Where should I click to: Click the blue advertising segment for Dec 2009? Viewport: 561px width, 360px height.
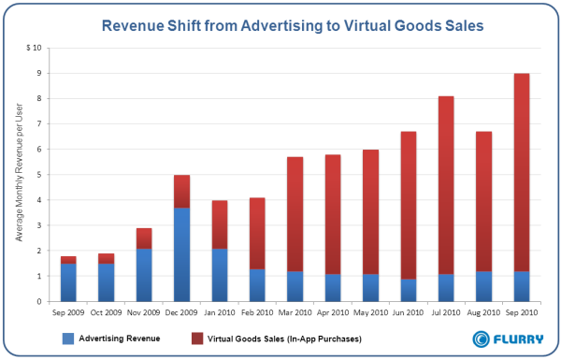coord(181,254)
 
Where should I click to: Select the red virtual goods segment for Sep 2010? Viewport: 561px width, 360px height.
coord(522,172)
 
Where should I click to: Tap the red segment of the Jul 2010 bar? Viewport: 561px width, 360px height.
coord(446,185)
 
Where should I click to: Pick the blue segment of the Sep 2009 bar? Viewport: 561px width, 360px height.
coord(68,282)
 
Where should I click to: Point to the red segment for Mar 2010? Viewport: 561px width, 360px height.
coord(295,214)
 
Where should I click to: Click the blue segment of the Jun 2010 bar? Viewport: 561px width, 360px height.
coord(409,290)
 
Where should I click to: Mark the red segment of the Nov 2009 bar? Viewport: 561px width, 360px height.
coord(144,238)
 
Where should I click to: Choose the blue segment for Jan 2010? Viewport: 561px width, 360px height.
coord(220,275)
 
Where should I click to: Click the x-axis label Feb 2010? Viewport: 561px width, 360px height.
coord(257,312)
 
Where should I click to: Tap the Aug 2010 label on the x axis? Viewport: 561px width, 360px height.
coord(483,312)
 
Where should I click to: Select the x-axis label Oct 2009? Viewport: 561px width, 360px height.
coord(106,312)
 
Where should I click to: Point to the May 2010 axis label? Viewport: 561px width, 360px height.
coord(370,312)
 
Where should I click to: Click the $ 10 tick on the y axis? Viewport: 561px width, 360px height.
coord(34,48)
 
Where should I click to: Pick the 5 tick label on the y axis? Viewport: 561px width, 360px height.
coord(39,175)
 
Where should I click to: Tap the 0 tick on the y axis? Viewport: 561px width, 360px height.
coord(39,302)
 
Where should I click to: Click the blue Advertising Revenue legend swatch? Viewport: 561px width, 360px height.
coord(68,338)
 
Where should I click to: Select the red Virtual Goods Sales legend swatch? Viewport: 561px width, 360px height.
coord(197,338)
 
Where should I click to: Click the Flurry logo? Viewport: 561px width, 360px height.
coord(508,339)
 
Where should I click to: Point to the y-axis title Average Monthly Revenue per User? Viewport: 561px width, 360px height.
coord(19,172)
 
